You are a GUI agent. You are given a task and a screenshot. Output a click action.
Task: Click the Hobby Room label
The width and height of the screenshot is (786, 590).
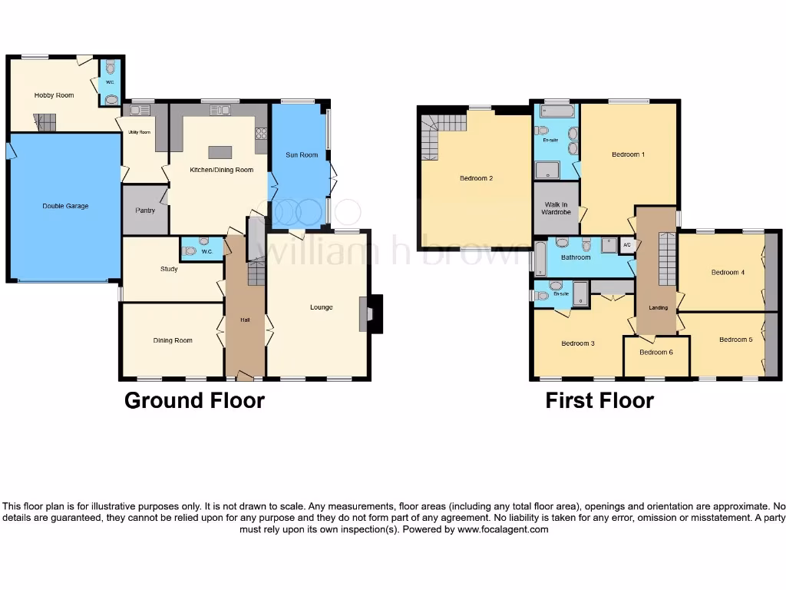[54, 95]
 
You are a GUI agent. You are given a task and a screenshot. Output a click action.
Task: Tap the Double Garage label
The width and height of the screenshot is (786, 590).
[65, 206]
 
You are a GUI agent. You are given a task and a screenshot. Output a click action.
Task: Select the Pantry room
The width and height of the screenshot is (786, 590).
[145, 210]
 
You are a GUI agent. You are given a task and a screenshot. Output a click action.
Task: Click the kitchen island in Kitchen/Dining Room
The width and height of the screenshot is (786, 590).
[220, 151]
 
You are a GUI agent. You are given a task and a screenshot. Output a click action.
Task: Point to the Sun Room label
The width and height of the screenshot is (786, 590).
[302, 155]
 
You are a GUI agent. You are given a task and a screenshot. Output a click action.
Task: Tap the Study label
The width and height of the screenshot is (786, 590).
[169, 269]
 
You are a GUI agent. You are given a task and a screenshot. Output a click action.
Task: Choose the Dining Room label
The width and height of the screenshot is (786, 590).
[173, 340]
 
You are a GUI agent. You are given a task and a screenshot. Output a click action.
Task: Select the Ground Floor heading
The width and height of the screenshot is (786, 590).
[194, 400]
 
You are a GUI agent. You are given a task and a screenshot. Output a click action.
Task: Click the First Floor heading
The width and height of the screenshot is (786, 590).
[599, 400]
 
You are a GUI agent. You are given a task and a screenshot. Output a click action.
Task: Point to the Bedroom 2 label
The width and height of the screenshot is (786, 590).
[476, 178]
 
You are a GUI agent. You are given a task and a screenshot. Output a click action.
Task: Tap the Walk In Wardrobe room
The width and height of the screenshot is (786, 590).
[556, 207]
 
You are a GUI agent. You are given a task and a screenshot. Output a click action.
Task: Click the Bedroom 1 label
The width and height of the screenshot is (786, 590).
[628, 154]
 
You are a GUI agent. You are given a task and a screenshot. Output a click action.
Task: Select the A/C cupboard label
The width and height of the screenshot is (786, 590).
[626, 245]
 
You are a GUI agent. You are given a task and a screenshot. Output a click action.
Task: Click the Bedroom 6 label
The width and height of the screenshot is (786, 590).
[656, 353]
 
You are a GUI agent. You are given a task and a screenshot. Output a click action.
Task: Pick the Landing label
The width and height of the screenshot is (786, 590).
[658, 307]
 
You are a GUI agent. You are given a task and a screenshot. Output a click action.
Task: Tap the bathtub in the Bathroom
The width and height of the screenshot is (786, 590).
[540, 259]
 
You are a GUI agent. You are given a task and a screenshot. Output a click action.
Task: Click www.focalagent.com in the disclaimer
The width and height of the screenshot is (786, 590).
[503, 529]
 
